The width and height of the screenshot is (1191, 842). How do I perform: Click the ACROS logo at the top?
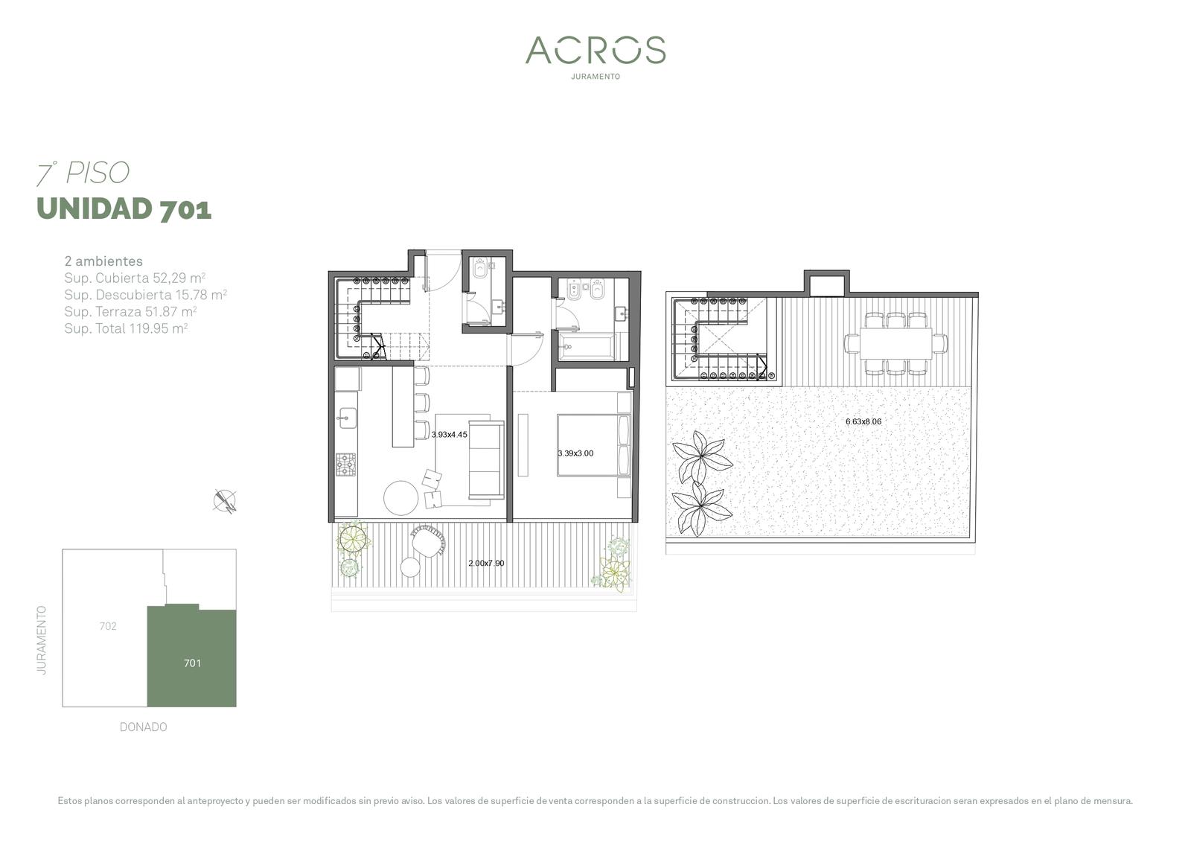[595, 50]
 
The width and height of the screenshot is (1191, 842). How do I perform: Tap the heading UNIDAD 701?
[124, 208]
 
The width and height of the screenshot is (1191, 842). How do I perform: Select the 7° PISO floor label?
[83, 173]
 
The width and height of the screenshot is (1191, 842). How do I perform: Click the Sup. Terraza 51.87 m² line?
[130, 311]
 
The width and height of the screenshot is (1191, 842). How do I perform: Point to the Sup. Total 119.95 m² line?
[126, 328]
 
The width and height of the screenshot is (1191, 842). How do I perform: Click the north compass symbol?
[225, 501]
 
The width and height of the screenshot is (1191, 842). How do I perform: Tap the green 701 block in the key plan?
[191, 657]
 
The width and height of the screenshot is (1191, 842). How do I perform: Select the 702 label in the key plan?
[108, 626]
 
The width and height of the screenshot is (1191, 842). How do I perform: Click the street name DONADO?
[143, 727]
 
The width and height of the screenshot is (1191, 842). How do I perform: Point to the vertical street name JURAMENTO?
[42, 640]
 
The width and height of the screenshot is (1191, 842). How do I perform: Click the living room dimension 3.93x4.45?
[450, 435]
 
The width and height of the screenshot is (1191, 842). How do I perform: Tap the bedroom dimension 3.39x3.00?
[576, 453]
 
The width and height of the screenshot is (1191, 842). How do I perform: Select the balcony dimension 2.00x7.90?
[487, 563]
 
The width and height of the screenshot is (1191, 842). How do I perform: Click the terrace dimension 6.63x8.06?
[863, 421]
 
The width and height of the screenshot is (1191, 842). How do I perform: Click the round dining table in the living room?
[401, 498]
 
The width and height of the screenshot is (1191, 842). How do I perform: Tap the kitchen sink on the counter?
[347, 418]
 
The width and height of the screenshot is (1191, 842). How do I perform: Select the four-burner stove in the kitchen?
[346, 464]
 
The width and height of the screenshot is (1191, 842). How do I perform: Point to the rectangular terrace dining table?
[895, 344]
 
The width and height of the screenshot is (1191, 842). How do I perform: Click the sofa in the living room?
[487, 459]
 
